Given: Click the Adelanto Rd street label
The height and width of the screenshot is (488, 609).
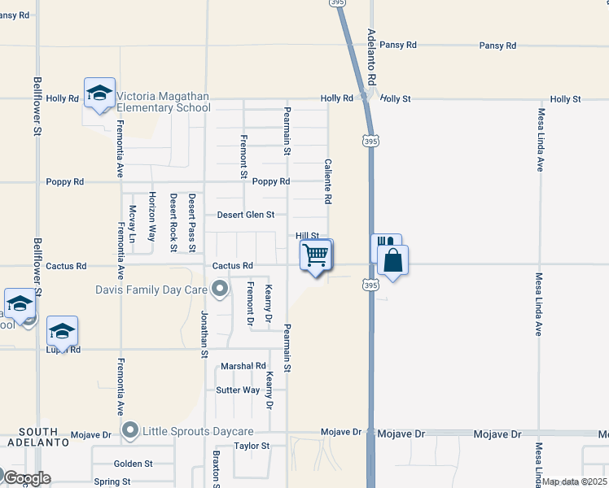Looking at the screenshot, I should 371,58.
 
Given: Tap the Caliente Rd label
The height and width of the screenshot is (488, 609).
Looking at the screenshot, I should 328,181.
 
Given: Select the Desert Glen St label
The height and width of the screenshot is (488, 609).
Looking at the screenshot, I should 245,215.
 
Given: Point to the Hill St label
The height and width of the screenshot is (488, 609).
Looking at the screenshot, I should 306,235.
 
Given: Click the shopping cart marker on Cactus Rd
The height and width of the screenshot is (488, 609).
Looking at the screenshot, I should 316,255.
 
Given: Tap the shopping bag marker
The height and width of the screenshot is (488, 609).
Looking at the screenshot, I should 392,261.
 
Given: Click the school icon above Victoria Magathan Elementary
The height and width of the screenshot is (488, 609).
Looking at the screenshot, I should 99,94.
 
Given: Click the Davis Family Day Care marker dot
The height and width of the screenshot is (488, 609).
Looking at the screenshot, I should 219,289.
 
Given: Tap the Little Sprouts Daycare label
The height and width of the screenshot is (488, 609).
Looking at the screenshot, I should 199,431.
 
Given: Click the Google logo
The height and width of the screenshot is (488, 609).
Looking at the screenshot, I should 26,478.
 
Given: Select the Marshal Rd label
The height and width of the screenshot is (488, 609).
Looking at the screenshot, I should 243,367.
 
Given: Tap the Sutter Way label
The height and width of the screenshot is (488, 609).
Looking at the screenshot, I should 238,390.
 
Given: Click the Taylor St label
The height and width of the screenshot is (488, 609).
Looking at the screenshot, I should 252,446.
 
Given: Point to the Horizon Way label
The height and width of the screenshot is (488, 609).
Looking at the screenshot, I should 151,216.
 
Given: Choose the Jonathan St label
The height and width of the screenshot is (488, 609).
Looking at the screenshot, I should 205,333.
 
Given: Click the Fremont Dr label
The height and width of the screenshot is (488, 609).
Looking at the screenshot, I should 251,305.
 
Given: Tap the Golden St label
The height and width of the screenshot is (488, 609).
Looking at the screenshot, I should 134,464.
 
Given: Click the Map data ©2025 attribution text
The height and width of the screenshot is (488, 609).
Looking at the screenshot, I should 573,481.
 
